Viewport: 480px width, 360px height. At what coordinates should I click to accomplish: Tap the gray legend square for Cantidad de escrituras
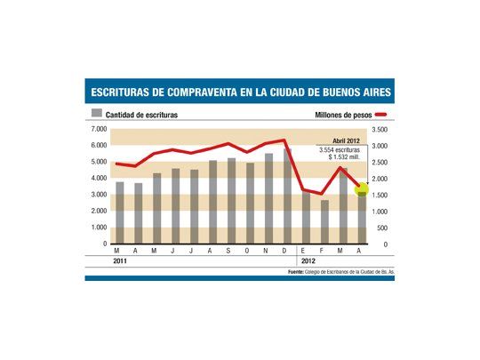[97, 115]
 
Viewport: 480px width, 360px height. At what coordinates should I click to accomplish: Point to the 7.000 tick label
[98, 130]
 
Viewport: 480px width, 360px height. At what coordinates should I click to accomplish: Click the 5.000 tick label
[98, 163]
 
